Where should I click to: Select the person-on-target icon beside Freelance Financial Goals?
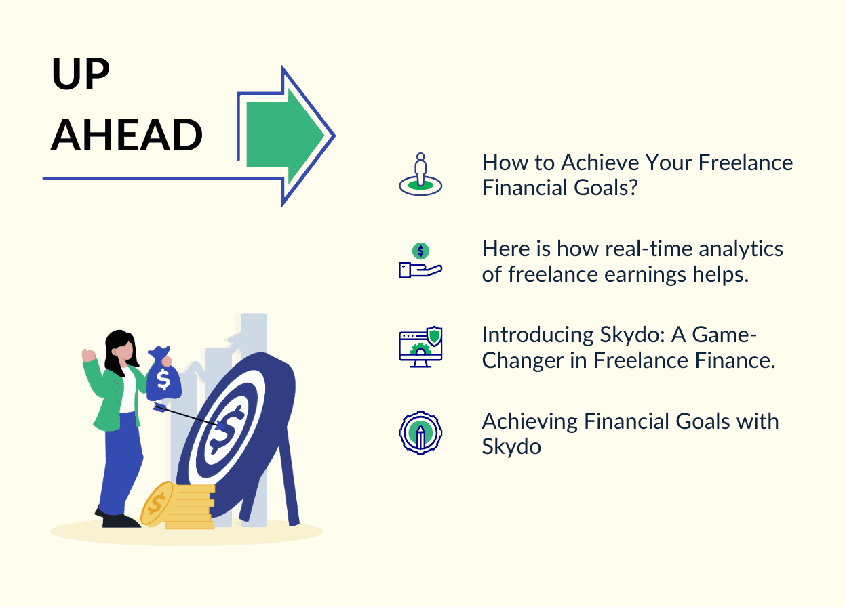[420, 174]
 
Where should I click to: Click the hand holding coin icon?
[420, 261]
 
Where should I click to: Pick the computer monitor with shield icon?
[420, 347]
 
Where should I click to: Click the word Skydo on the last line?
[511, 446]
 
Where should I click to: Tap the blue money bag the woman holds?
[163, 377]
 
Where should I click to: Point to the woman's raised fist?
[89, 356]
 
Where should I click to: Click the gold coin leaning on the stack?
[156, 503]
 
